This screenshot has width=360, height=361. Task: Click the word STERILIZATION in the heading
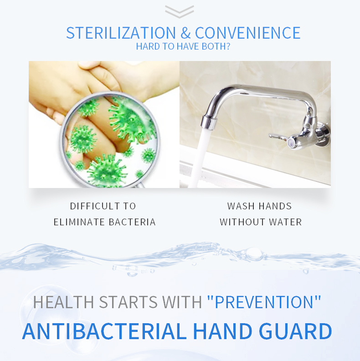[121, 33]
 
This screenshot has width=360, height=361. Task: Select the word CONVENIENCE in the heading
[247, 33]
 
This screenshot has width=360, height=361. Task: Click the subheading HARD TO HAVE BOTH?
[183, 46]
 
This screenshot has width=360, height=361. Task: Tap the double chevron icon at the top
[180, 11]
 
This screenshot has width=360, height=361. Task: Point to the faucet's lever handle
[279, 136]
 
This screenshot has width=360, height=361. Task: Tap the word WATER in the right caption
[287, 222]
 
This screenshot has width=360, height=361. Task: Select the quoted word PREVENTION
[264, 302]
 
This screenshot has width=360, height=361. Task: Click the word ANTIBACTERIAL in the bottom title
[104, 331]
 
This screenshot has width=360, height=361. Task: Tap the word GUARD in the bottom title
[296, 331]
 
